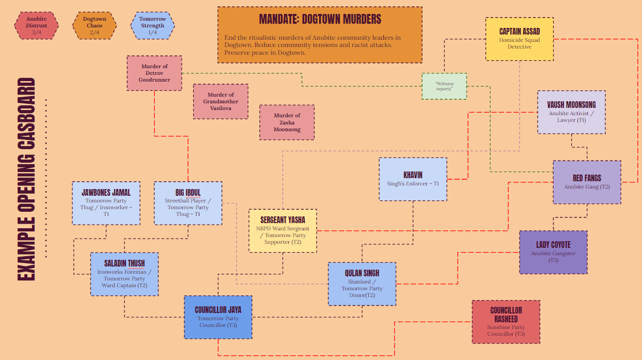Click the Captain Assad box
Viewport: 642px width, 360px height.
[x=519, y=39]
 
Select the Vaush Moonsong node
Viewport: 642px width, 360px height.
[x=571, y=112]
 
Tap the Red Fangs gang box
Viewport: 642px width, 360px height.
[x=587, y=182]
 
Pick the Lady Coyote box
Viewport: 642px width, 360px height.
[x=553, y=252]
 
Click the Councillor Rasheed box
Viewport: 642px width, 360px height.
[x=506, y=321]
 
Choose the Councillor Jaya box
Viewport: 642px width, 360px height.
[x=218, y=317]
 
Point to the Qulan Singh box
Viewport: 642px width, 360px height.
[x=362, y=284]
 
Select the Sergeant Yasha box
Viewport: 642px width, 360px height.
[x=283, y=230]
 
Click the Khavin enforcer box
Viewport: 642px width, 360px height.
[x=413, y=179]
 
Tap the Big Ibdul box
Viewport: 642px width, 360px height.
[x=188, y=203]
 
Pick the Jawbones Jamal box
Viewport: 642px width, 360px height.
[x=106, y=203]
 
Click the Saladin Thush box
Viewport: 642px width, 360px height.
[x=124, y=274]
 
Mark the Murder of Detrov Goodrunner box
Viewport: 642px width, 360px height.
[x=154, y=73]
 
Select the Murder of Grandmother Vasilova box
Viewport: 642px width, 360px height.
[x=220, y=101]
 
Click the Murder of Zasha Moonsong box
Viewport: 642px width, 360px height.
[x=287, y=122]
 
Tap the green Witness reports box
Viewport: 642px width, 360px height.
[x=444, y=86]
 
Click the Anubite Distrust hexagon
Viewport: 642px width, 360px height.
[x=36, y=25]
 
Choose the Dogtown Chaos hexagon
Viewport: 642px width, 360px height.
[x=95, y=25]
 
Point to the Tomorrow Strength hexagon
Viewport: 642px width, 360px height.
[x=152, y=25]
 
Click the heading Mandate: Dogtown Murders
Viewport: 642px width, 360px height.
[x=320, y=20]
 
